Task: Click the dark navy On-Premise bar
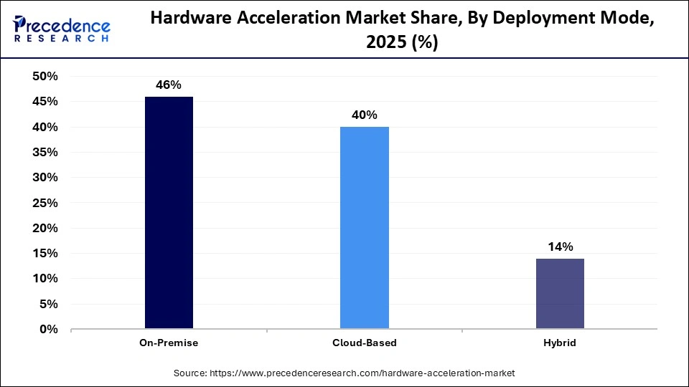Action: point(169,213)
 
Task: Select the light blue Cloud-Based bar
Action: point(364,228)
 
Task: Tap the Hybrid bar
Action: point(560,294)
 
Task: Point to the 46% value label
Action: point(169,85)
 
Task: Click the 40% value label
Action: point(364,115)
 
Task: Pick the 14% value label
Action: point(560,247)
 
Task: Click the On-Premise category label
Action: point(169,343)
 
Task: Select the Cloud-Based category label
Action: point(364,343)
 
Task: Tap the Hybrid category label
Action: point(560,343)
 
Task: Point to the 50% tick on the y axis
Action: point(44,77)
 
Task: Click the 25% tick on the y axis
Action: point(44,203)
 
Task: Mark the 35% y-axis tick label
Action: point(44,153)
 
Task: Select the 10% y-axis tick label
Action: point(44,279)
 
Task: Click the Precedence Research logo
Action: point(62,29)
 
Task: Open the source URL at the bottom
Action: point(344,373)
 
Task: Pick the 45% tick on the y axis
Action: point(44,102)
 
